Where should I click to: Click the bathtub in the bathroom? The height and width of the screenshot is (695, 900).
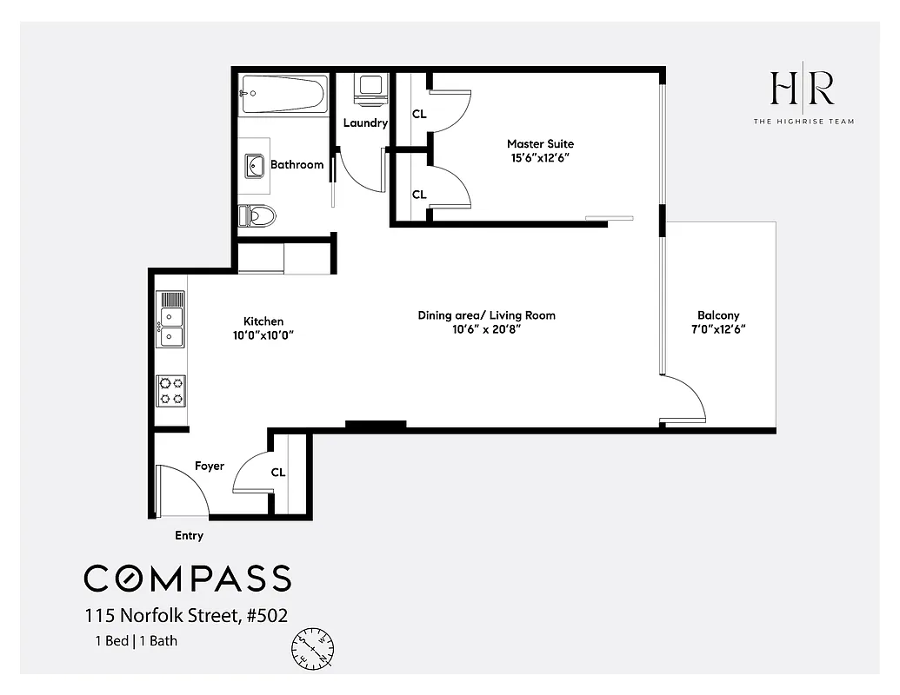point(283,93)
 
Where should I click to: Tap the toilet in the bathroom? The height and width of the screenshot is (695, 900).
point(257,215)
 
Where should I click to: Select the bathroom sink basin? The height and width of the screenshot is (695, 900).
point(256,165)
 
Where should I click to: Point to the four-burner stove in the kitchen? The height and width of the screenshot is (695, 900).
point(170,390)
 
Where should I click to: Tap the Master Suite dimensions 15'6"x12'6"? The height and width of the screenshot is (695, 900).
point(540,158)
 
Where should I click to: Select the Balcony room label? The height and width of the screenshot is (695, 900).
point(718,315)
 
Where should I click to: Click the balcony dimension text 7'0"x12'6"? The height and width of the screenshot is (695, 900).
point(718,329)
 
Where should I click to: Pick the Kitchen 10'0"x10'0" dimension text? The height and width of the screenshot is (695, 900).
point(263,335)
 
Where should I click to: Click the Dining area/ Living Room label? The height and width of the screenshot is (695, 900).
point(486,315)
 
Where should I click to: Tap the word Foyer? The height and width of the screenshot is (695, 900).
point(209,467)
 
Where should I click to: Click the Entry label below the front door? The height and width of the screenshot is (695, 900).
point(189,535)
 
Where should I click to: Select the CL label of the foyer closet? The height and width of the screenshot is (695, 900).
point(278,473)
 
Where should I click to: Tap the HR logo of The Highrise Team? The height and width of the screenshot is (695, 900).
point(802,89)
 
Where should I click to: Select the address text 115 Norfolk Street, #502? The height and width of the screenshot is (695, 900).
point(186,616)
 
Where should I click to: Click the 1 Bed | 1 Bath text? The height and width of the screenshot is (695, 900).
point(137,642)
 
